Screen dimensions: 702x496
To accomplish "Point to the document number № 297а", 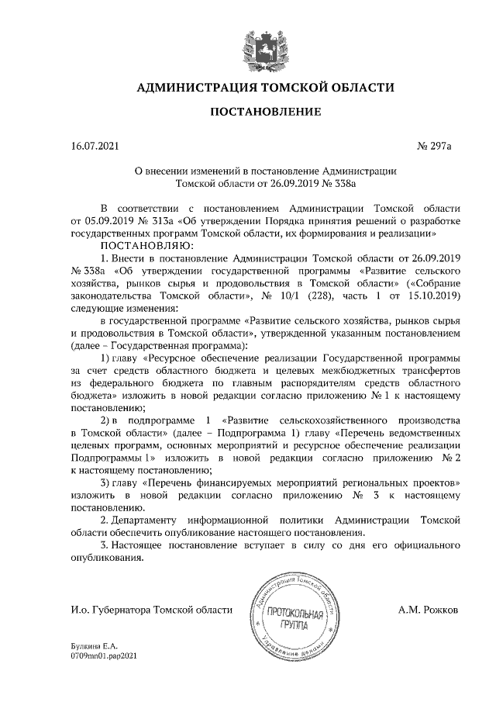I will [x=439, y=145].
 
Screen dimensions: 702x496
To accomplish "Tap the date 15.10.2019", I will [x=436, y=295].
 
